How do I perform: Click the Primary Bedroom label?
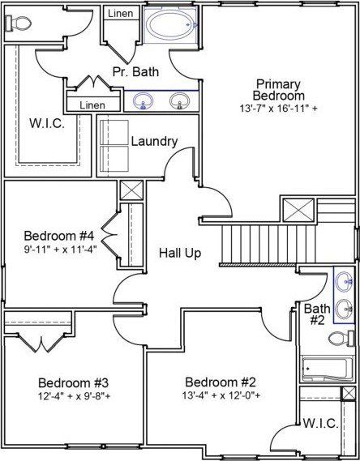(x=278, y=90)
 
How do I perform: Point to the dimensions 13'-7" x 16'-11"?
(x=278, y=108)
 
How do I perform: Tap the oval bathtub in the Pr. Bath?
(x=172, y=25)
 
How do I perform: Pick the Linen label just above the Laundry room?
(x=92, y=105)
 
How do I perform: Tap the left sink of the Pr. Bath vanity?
(x=145, y=101)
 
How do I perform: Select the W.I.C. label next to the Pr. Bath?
(x=47, y=122)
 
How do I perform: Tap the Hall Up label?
(x=179, y=253)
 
